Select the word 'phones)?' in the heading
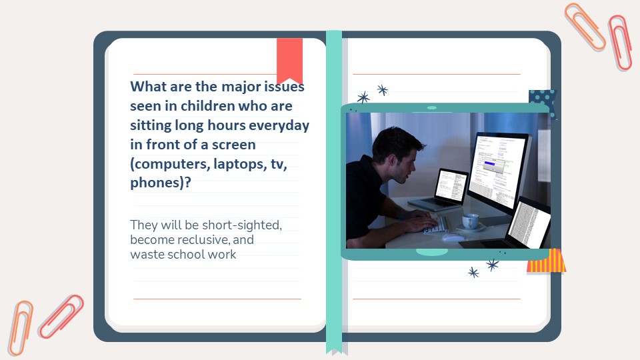(161, 183)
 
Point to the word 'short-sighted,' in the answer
(242, 225)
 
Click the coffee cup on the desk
(471, 221)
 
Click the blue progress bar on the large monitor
(489, 164)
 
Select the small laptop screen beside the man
(451, 185)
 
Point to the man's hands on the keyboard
(420, 221)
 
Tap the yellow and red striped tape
(547, 261)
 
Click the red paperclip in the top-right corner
(619, 43)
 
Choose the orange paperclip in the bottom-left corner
(21, 328)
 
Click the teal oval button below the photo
(432, 252)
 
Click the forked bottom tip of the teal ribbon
(334, 351)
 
